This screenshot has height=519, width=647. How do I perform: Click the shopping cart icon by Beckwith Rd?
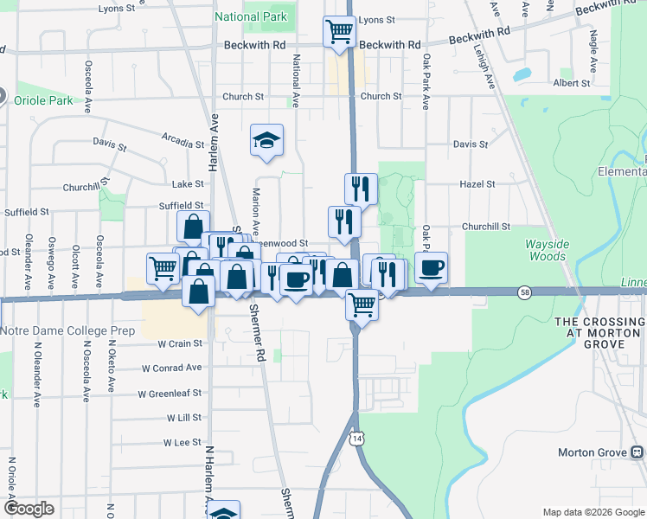point(339,32)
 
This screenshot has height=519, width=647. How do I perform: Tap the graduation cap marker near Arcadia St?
point(267,139)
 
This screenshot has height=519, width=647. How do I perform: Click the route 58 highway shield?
point(524,292)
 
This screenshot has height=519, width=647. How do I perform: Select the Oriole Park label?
point(43,100)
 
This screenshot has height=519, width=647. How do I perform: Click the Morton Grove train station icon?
point(637,452)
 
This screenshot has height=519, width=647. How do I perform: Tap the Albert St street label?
point(572,84)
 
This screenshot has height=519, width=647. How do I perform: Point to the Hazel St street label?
point(477,184)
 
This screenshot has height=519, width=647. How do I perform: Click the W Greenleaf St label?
point(170,393)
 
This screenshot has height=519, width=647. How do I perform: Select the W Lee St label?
point(183,442)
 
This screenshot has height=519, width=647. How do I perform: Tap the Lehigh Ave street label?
point(483,65)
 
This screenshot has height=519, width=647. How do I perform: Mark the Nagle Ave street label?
point(593,51)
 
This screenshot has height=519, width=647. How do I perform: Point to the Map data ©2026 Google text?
point(593,511)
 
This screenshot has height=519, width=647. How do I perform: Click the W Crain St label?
point(179,343)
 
